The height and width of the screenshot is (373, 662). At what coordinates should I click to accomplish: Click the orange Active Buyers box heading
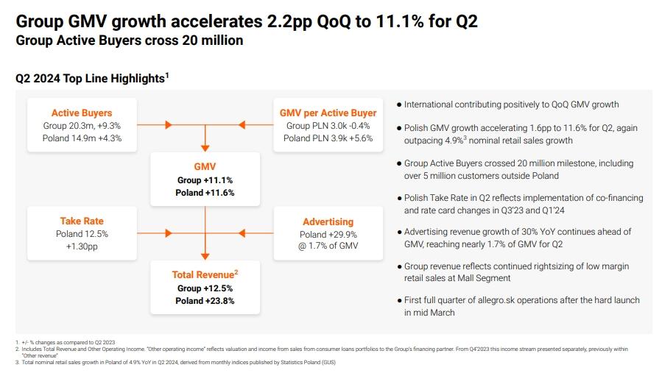coord(82,113)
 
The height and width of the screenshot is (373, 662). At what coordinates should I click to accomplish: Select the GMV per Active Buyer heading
coord(328,113)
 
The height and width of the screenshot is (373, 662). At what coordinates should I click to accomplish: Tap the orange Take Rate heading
coord(82,221)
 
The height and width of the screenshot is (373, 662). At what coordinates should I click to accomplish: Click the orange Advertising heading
coord(328,221)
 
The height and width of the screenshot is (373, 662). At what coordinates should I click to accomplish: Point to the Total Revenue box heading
coord(205,274)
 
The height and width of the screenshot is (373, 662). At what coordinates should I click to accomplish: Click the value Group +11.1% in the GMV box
coord(205,180)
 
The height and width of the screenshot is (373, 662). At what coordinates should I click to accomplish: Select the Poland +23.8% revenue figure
coord(205,300)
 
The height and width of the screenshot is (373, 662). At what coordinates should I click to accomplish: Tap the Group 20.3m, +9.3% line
coord(82,126)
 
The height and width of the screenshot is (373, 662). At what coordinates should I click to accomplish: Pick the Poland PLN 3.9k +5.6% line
coord(328,138)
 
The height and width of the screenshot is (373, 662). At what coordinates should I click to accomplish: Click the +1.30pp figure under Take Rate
coord(82,246)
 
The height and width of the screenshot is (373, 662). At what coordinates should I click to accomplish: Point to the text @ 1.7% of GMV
coord(328,246)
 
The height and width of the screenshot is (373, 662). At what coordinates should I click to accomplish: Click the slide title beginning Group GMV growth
coord(247,21)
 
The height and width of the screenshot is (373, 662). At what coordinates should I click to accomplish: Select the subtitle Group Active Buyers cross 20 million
coord(130,41)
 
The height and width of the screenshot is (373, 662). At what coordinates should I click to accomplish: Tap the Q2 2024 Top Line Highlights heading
coord(92,77)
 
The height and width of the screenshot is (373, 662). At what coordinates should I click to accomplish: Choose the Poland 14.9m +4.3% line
coord(82,138)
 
